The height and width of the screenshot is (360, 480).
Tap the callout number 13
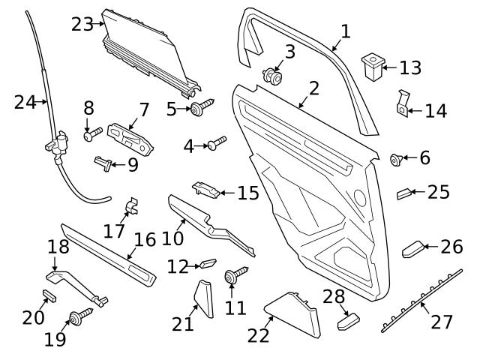coord(410,68)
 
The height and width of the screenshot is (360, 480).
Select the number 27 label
coord(442,322)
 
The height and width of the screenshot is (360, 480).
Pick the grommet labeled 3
coord(273,76)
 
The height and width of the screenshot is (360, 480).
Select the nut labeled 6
coord(397,158)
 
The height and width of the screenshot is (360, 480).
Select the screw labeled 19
coord(79,316)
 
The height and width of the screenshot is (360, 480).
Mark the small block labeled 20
coord(49,293)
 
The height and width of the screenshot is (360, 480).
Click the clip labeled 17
coord(133,205)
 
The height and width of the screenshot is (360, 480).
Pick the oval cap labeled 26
coord(413,248)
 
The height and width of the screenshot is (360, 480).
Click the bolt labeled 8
coord(90,136)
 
